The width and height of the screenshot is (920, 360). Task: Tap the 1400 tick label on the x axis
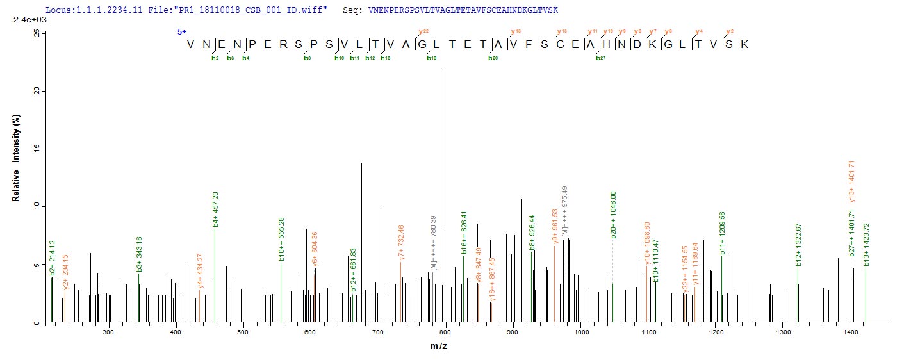click(x=850, y=332)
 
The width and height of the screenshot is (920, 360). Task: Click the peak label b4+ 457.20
click(x=216, y=209)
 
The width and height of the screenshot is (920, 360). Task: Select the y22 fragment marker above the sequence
click(x=423, y=31)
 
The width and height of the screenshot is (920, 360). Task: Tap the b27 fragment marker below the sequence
click(x=600, y=58)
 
